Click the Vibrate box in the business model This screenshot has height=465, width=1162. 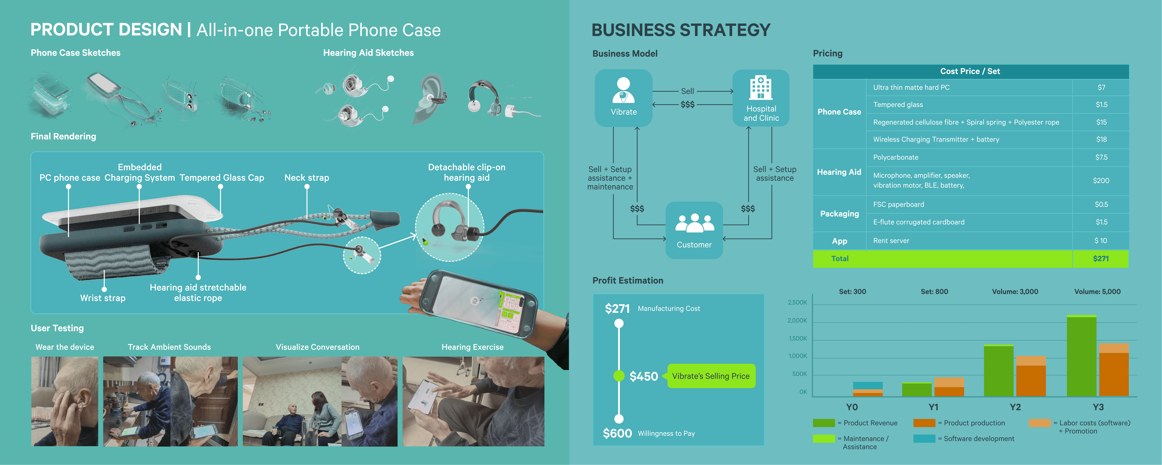[x=623, y=97]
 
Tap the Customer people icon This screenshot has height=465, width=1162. [x=694, y=223]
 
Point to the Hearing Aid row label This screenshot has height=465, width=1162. [x=839, y=172]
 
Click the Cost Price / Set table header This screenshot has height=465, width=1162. [x=970, y=71]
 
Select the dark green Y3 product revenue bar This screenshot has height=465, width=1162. [x=1081, y=357]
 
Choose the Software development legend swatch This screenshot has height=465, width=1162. [x=924, y=438]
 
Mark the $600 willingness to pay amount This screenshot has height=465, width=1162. [x=617, y=433]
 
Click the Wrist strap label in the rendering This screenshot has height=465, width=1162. [x=103, y=298]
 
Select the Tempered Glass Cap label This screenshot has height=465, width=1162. [x=221, y=178]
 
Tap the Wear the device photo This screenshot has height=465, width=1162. [x=65, y=401]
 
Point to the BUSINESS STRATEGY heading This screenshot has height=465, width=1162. [x=681, y=30]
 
